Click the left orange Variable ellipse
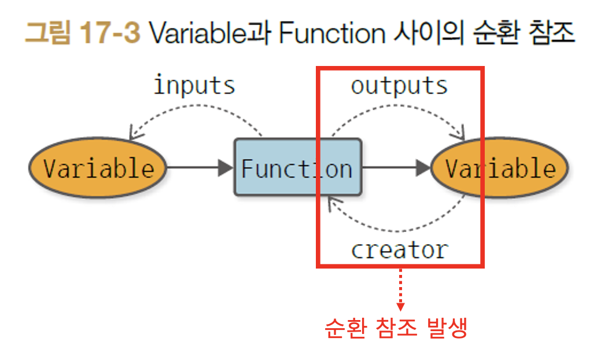tap(98, 168)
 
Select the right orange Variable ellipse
tap(500, 168)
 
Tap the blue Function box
tap(297, 168)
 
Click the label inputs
tap(194, 86)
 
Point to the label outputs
tap(399, 86)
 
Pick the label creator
tap(399, 250)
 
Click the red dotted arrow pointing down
tap(400, 289)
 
